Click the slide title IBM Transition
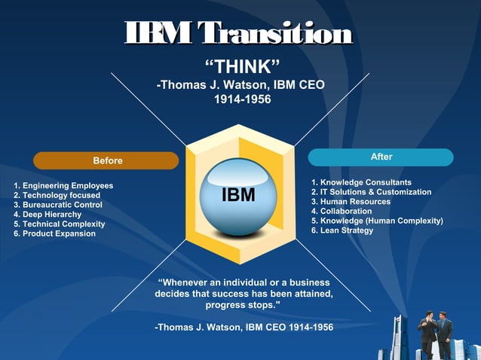coord(240,33)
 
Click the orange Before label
coord(106,160)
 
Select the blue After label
coord(381,157)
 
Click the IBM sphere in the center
coord(238,196)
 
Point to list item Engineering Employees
coord(64,185)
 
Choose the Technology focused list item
coord(57,195)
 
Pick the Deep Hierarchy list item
coord(48,215)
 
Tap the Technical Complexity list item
coord(60,224)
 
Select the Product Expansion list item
coord(55,233)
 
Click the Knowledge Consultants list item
coord(362,182)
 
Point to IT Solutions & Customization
coord(372,192)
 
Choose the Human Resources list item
coord(351,202)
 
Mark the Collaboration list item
coord(342,211)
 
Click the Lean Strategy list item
coord(343,230)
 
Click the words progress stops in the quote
coord(243,306)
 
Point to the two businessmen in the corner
coord(435,334)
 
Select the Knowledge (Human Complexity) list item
coord(378,221)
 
